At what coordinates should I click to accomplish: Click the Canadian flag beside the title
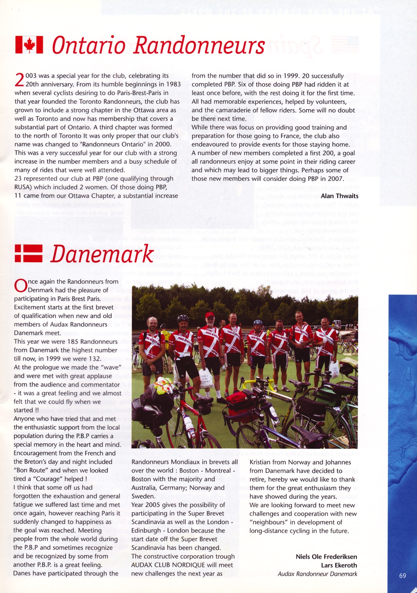(29, 45)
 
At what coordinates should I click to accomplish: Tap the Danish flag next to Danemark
(28, 254)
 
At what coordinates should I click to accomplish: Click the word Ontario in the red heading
(88, 46)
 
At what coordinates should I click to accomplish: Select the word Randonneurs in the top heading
(199, 46)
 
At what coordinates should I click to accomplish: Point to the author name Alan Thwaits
(339, 196)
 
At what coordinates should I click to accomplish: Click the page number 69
(402, 575)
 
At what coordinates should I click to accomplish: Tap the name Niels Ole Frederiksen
(326, 556)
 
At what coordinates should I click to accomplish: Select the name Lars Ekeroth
(339, 565)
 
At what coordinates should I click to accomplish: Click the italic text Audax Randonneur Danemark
(317, 574)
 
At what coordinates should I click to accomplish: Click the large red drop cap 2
(20, 81)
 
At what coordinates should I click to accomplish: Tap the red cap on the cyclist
(209, 314)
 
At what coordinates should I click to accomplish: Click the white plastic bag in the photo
(207, 378)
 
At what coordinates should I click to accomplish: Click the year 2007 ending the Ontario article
(336, 179)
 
